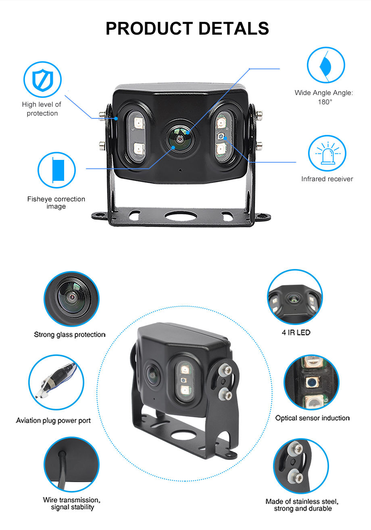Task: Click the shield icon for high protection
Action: coord(42,79)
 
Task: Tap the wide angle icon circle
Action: coord(326,65)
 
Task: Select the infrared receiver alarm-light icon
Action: coord(327,153)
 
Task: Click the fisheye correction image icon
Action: coord(57,170)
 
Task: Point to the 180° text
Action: coord(325,102)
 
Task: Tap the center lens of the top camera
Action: coord(180,137)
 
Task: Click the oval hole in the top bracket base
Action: coord(180,216)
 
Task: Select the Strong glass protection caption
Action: coord(69,334)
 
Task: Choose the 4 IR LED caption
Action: coord(296,333)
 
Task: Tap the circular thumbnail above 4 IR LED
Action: coord(295,297)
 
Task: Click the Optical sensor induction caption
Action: coord(312,418)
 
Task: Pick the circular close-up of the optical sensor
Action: coord(311,382)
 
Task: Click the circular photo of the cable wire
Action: coord(71,464)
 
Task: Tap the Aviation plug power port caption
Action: coord(53,420)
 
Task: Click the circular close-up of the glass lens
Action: coord(71,299)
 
